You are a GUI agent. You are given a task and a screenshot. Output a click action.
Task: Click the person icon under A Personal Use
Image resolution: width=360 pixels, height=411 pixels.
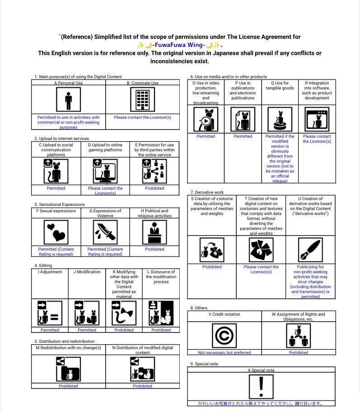coord(68,99)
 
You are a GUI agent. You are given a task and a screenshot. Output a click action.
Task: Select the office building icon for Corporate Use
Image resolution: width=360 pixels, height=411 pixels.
coord(142,99)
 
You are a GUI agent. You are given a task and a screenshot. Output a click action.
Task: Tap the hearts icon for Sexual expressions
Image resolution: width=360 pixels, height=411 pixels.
coord(56,232)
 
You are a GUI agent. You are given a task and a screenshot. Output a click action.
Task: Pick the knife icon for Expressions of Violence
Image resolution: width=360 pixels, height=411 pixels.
coord(105,232)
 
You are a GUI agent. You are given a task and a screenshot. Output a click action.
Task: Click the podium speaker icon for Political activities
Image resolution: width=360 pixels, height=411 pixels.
coord(154,232)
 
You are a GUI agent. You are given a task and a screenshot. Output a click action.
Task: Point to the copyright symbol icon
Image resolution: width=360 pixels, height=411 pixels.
coord(224,336)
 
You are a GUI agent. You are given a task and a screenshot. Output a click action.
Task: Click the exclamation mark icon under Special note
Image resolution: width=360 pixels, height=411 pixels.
coord(261,387)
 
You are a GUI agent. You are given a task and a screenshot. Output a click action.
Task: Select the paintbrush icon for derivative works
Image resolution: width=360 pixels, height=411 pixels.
coord(310,249)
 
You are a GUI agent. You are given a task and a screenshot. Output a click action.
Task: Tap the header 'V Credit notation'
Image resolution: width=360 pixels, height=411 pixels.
coord(224,314)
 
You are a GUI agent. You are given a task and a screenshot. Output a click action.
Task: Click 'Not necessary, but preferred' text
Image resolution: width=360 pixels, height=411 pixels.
coord(224,353)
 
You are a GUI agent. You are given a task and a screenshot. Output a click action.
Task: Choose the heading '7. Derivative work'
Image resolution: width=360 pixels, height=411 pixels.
coord(207,192)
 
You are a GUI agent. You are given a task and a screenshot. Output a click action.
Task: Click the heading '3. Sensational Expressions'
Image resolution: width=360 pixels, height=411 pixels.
coord(60,205)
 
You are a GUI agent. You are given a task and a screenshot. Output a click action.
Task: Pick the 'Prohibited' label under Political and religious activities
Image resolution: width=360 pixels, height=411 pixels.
coord(154,249)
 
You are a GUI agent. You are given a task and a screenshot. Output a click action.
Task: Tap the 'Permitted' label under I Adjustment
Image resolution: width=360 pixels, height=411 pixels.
coord(50,330)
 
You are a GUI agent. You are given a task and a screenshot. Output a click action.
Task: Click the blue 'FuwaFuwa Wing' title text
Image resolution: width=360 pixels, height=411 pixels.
coord(179,45)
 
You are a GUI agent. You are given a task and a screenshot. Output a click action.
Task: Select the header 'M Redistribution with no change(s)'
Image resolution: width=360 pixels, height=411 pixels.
coord(68,348)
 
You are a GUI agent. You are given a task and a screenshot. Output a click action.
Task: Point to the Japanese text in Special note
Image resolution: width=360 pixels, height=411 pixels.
coord(261,403)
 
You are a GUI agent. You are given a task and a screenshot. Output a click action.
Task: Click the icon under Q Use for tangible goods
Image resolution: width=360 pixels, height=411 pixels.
coord(280,120)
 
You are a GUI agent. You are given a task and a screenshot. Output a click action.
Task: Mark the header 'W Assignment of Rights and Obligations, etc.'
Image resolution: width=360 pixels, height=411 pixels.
coord(298,316)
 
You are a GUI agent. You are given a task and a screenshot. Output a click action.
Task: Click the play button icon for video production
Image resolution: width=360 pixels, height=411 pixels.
coord(206,121)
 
